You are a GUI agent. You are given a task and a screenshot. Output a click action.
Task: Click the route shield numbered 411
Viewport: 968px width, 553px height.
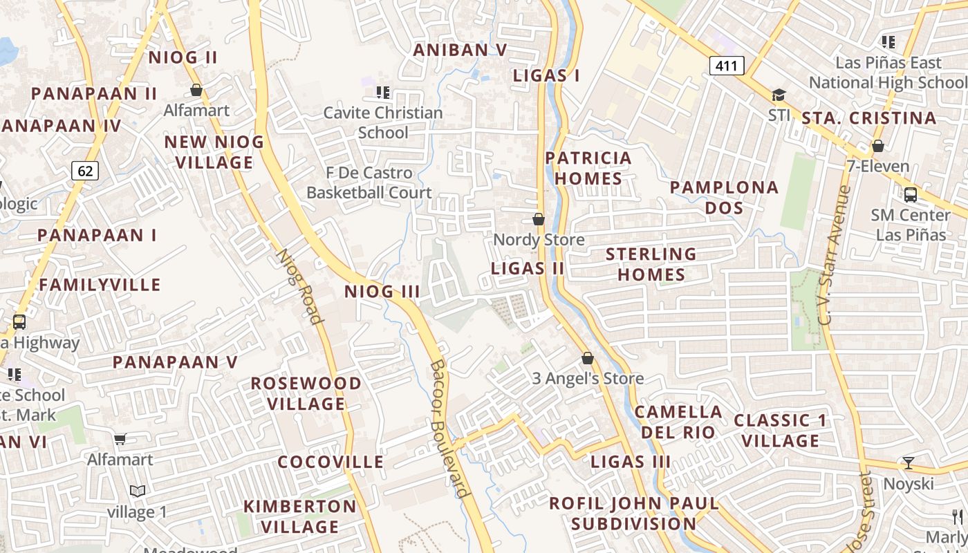coord(726,66)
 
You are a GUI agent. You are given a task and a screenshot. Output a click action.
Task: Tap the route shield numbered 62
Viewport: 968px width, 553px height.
coord(84,170)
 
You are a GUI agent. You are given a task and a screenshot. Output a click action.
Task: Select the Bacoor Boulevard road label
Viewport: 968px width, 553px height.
coord(449,429)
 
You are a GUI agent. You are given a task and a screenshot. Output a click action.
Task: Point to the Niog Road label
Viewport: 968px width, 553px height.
coord(300,286)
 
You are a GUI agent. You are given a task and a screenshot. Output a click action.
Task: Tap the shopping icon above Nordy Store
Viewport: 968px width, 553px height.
coord(539,219)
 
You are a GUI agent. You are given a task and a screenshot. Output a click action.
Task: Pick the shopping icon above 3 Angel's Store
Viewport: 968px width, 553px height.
coord(588,358)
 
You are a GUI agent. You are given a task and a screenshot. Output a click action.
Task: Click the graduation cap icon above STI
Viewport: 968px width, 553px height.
coord(779,95)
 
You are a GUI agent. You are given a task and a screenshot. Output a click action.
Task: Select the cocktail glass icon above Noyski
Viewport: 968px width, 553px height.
coord(909,462)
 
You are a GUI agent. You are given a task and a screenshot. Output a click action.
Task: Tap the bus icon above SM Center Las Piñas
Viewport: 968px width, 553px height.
coord(911,195)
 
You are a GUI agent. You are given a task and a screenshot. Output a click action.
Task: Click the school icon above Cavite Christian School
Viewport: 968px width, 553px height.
coord(382,92)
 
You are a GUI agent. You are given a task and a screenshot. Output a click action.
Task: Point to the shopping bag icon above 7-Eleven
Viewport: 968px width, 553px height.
coord(877,146)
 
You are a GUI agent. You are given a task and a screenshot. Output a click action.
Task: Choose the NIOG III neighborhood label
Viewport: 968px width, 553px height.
coord(382,292)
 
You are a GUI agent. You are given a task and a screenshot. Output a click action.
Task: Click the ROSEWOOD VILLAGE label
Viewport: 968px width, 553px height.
coord(306,393)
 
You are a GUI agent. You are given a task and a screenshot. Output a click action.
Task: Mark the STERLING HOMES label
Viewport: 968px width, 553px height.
coord(651,264)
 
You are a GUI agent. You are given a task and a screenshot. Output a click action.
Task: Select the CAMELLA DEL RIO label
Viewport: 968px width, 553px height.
coord(678,422)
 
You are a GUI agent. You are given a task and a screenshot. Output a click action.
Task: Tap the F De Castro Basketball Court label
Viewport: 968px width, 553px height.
coord(369,182)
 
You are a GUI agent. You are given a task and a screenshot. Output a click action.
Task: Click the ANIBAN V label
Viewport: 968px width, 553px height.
coord(460,50)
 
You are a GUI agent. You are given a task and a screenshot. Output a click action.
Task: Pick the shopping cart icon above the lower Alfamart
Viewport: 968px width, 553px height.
coord(120,439)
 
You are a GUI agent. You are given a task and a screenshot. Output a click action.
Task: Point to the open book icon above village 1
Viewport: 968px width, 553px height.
coord(138,491)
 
